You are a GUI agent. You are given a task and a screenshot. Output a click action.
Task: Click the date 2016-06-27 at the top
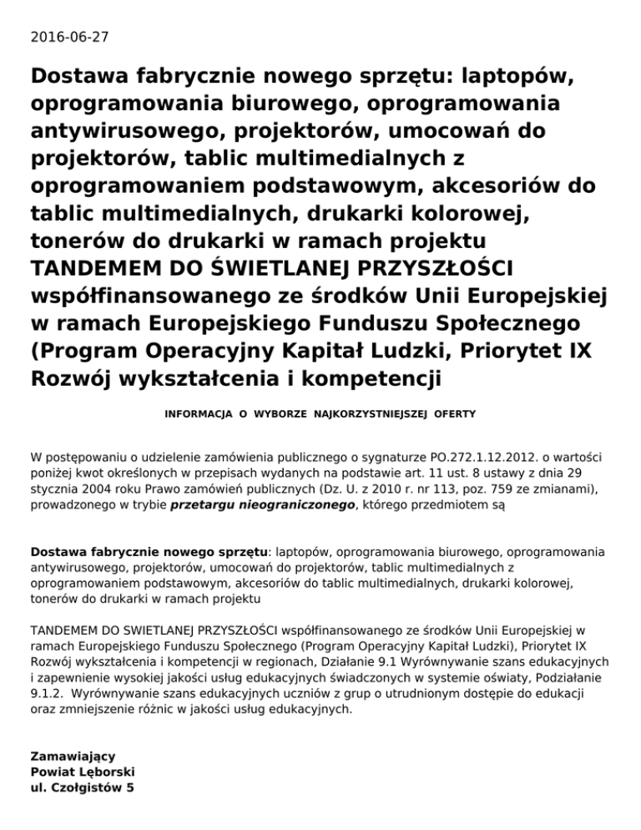coord(69,37)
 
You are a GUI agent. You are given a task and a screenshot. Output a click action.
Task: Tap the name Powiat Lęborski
coord(83,772)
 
